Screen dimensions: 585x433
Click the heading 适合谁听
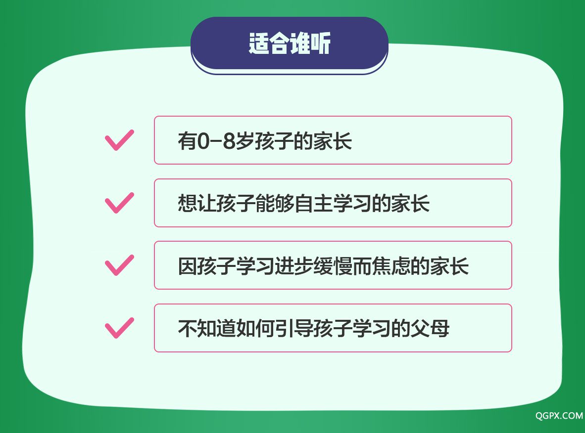click(x=290, y=43)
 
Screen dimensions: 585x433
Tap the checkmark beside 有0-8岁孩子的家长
click(x=119, y=140)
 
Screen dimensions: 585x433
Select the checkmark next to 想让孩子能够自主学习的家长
click(x=119, y=203)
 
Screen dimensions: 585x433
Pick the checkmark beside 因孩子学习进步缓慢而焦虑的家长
click(x=119, y=265)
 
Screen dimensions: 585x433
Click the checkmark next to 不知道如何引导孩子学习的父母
click(x=119, y=328)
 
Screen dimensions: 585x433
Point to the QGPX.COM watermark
click(x=559, y=416)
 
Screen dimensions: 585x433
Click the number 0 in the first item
click(x=203, y=141)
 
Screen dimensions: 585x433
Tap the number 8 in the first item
click(x=229, y=141)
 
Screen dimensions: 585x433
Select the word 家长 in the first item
click(x=333, y=141)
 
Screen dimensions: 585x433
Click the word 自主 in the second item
click(x=313, y=204)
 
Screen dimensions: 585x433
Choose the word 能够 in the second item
click(x=275, y=204)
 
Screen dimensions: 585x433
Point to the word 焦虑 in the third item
click(x=390, y=266)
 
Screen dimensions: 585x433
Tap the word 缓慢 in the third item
click(x=333, y=266)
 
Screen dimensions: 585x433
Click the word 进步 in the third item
click(x=294, y=266)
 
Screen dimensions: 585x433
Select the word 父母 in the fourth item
click(x=430, y=329)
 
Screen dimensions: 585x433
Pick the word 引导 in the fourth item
click(x=294, y=329)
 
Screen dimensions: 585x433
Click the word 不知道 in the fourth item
click(x=207, y=329)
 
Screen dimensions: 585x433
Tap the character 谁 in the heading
click(x=299, y=43)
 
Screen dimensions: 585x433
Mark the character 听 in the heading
click(x=321, y=43)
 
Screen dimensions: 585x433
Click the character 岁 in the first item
click(x=245, y=141)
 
